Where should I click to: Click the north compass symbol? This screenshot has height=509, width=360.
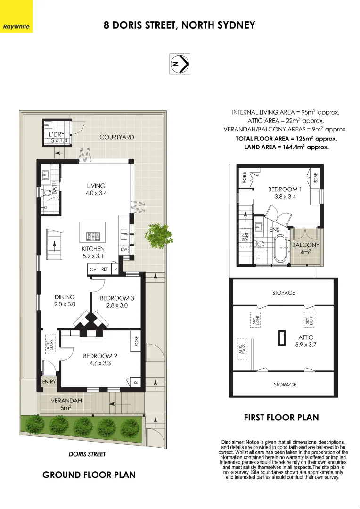tap(180, 64)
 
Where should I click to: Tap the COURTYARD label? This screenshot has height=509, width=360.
tap(116, 137)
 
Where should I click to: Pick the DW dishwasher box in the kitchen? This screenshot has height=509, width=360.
tap(124, 249)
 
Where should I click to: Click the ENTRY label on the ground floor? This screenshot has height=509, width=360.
tap(49, 382)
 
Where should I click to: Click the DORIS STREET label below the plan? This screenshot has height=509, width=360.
tap(87, 454)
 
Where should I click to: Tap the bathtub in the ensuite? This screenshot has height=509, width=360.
tap(279, 248)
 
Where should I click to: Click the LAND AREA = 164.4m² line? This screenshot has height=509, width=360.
tap(286, 147)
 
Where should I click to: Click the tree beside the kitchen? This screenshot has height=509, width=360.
tap(159, 235)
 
